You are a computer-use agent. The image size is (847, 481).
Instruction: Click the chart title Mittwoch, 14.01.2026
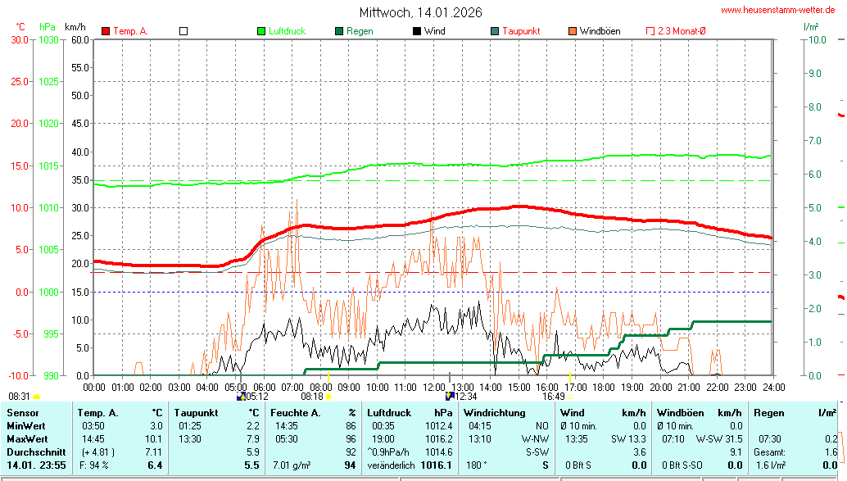point(420,12)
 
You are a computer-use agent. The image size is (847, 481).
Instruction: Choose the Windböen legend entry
point(600,31)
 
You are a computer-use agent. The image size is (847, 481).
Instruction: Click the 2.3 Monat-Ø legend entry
point(682,31)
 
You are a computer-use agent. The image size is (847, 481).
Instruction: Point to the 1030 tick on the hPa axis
point(48,39)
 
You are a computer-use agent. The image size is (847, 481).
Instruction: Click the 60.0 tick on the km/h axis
point(79,39)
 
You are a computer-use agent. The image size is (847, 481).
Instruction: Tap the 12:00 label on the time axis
point(434,386)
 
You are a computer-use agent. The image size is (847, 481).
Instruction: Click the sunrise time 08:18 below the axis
point(312,396)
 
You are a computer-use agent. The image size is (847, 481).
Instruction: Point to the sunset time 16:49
point(553,396)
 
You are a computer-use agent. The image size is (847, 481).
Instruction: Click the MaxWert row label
point(25,439)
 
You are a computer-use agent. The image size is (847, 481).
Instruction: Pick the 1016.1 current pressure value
point(437,465)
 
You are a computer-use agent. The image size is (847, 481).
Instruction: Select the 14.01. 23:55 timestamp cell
point(36,465)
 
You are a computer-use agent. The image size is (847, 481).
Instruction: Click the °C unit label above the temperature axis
point(20,27)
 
